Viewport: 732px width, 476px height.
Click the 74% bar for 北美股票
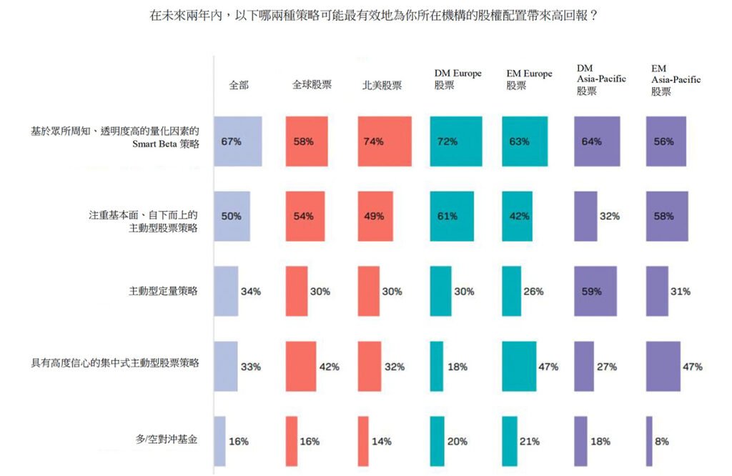(385, 142)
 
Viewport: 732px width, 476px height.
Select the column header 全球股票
(312, 84)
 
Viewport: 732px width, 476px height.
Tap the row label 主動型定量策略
(162, 291)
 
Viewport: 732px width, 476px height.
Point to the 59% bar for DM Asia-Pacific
(595, 291)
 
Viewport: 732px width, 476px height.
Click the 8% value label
(662, 441)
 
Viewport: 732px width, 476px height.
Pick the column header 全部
(239, 84)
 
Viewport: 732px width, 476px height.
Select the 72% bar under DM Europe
(456, 142)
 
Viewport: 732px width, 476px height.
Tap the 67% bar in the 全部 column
(238, 142)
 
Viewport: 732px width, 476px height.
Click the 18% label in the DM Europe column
(457, 367)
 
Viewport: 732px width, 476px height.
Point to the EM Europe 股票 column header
(529, 79)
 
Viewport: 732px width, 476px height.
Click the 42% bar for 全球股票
(300, 367)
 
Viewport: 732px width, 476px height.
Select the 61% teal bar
(452, 217)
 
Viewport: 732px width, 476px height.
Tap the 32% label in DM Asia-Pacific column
(609, 217)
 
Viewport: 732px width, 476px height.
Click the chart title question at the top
(373, 15)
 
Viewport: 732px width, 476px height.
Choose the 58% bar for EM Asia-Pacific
(666, 217)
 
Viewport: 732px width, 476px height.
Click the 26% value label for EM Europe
(533, 292)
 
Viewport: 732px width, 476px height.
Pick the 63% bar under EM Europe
(525, 142)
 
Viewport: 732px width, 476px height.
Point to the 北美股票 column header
(382, 85)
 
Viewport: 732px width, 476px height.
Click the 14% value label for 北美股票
(382, 441)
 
